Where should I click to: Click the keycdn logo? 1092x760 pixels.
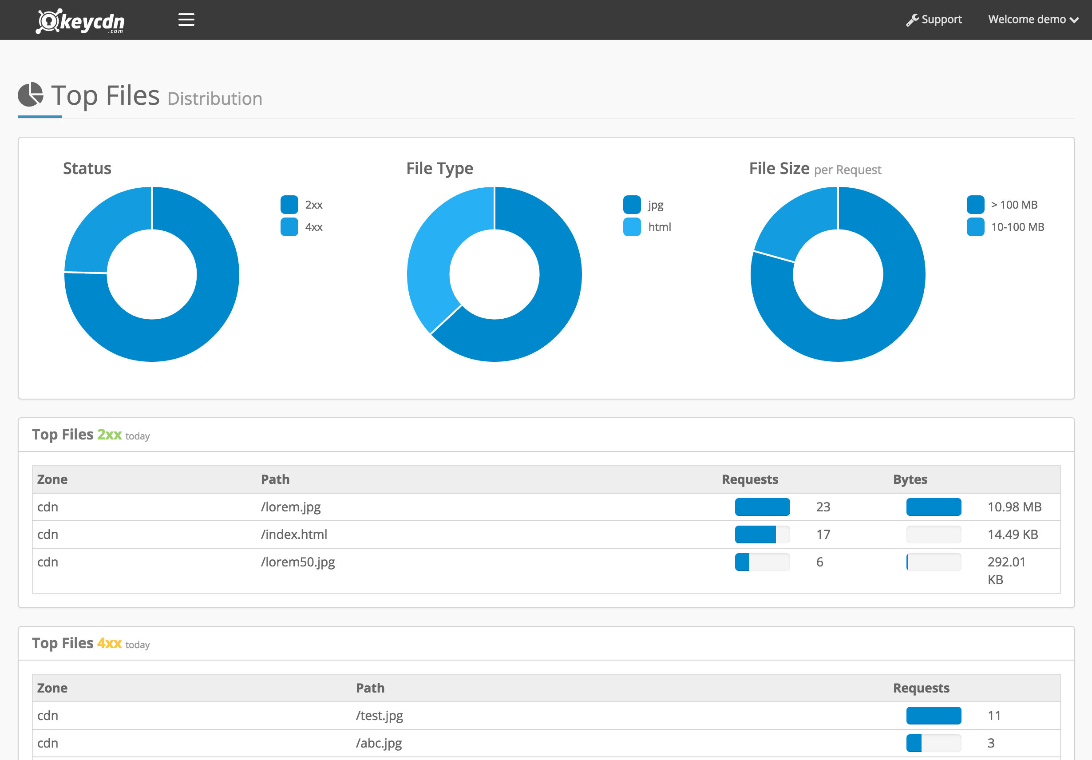point(80,21)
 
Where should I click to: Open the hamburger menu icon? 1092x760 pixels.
point(186,20)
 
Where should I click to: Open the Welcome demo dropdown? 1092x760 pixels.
point(1033,20)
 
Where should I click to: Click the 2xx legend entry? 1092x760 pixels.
point(301,205)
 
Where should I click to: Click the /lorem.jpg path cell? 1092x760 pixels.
point(291,507)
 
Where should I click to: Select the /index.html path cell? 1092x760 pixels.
point(294,534)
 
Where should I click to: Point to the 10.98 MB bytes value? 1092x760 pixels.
point(1014,507)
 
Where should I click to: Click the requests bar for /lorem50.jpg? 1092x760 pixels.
point(762,562)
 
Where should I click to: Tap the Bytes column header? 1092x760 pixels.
point(910,479)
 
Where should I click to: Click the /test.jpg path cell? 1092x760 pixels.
point(379,716)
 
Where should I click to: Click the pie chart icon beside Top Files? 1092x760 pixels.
point(31,94)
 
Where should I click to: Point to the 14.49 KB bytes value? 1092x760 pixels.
point(1013,534)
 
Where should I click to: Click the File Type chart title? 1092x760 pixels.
point(439,168)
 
